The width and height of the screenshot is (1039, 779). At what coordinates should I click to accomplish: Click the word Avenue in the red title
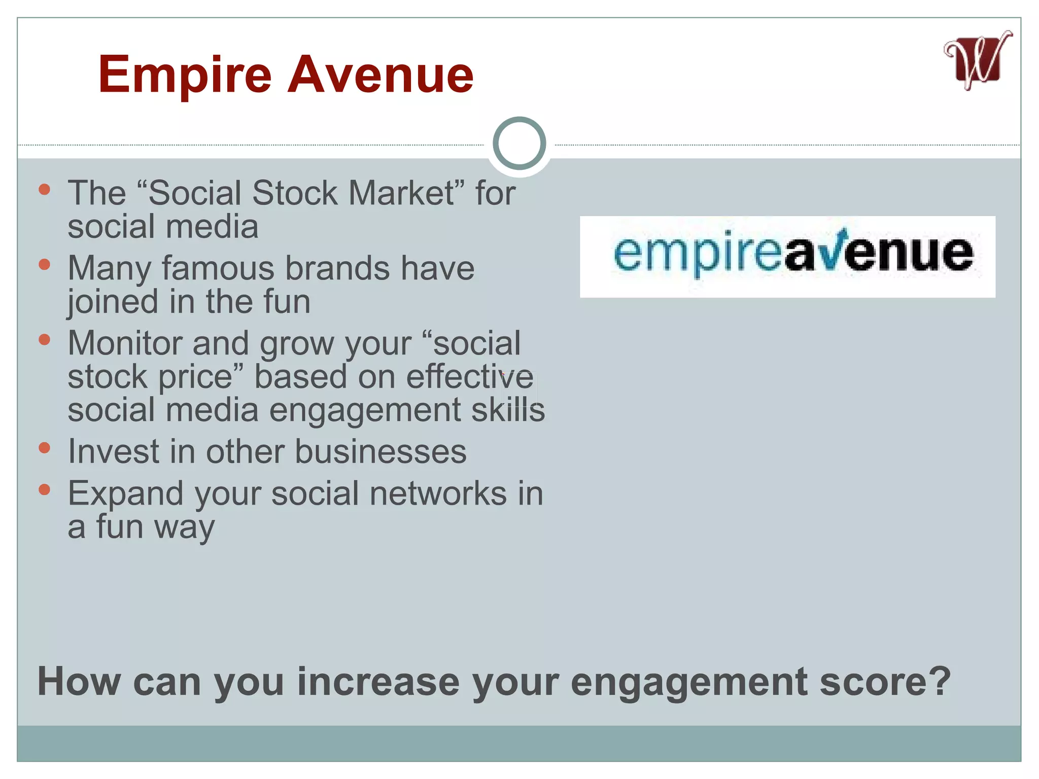[380, 75]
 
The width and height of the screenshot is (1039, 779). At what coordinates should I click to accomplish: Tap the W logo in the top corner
[977, 61]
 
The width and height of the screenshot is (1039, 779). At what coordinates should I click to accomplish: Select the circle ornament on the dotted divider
[519, 144]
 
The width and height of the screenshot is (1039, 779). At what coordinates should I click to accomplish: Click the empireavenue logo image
[787, 257]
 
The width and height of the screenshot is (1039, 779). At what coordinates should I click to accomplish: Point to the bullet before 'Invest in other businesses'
[45, 448]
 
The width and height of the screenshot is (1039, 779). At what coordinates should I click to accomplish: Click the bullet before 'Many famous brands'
[45, 264]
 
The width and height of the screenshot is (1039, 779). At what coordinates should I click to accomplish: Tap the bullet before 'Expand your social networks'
[45, 489]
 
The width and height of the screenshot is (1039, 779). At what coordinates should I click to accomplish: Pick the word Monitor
[125, 343]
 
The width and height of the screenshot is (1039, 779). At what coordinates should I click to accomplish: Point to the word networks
[438, 493]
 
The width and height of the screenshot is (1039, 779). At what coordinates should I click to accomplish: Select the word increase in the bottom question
[378, 682]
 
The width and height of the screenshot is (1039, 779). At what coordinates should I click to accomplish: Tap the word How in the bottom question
[79, 682]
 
